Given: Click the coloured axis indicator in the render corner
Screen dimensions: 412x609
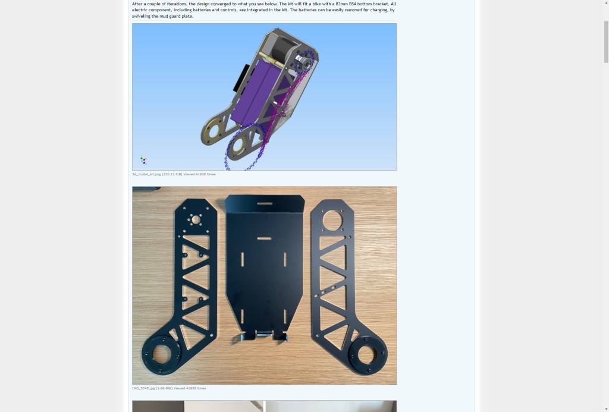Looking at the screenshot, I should [143, 160].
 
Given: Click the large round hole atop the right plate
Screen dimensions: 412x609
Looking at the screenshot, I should [331, 220].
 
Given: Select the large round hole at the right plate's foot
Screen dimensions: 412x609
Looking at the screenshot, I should [363, 356].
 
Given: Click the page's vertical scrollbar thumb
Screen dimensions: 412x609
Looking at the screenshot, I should [606, 42].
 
